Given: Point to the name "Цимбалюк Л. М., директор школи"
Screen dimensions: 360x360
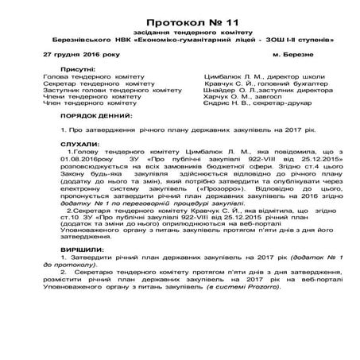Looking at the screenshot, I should [253, 76].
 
